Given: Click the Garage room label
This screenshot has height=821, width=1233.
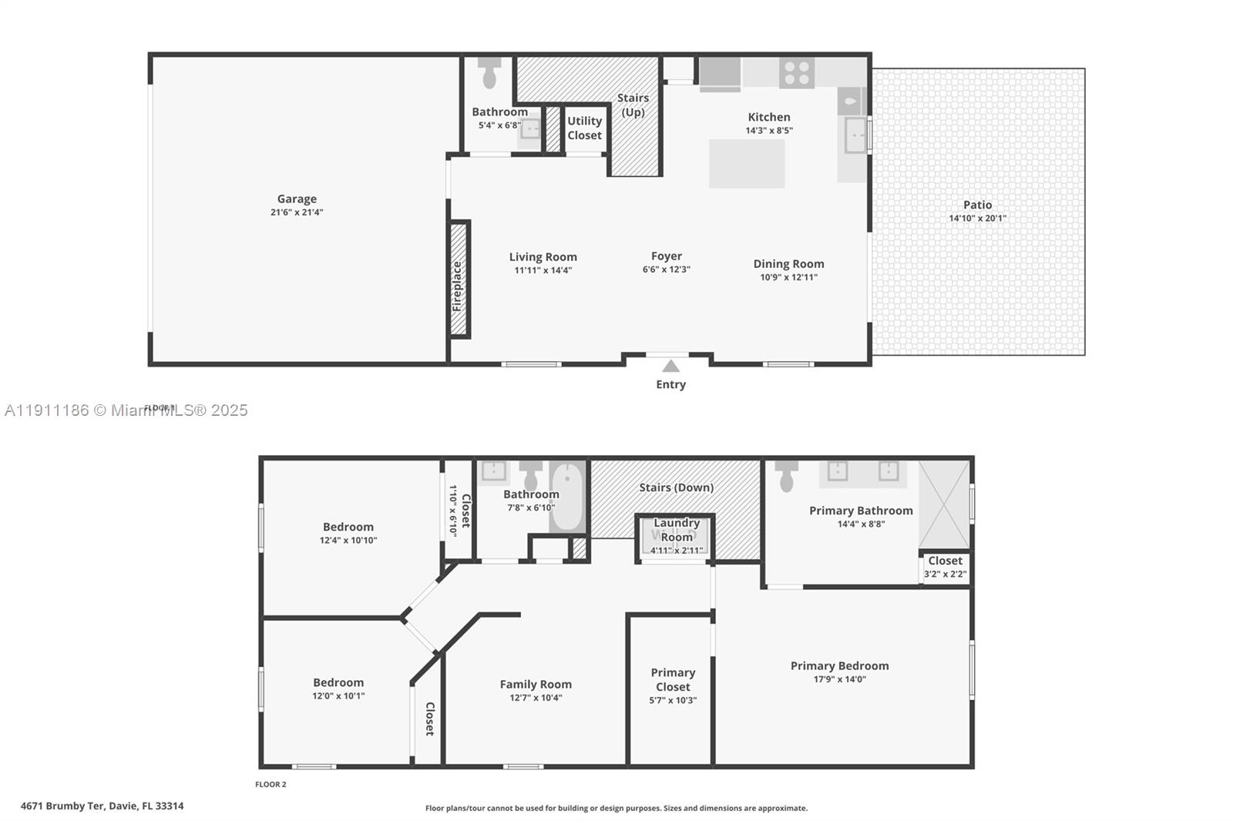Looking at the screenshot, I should [x=297, y=199].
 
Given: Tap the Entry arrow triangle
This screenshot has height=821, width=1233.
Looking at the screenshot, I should [x=670, y=367].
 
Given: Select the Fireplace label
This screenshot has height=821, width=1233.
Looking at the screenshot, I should [x=457, y=286].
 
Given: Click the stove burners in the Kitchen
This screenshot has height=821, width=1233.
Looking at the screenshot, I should [x=796, y=73].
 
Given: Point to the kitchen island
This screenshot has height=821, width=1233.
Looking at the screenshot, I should [x=747, y=163].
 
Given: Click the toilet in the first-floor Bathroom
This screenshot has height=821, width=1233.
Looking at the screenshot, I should [x=489, y=72].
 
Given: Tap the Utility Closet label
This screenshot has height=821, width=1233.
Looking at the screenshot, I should [x=584, y=128].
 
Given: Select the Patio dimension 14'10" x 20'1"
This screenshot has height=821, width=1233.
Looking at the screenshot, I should [x=977, y=218].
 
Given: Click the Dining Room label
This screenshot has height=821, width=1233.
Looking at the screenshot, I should [x=788, y=263].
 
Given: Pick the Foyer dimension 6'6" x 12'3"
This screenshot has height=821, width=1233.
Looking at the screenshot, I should [x=666, y=270].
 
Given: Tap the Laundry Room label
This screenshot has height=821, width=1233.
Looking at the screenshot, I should [x=676, y=530].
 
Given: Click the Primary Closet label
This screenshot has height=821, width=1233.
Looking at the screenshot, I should [x=673, y=679].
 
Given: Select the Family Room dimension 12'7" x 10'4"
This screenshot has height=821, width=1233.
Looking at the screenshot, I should [x=536, y=698].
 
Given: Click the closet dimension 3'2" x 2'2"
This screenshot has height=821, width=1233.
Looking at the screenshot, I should [x=945, y=574].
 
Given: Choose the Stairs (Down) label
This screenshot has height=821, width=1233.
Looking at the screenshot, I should [x=676, y=488].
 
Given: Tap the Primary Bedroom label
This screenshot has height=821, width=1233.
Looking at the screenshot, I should [x=839, y=665].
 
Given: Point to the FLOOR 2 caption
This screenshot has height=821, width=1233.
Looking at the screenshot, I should [x=270, y=784].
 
